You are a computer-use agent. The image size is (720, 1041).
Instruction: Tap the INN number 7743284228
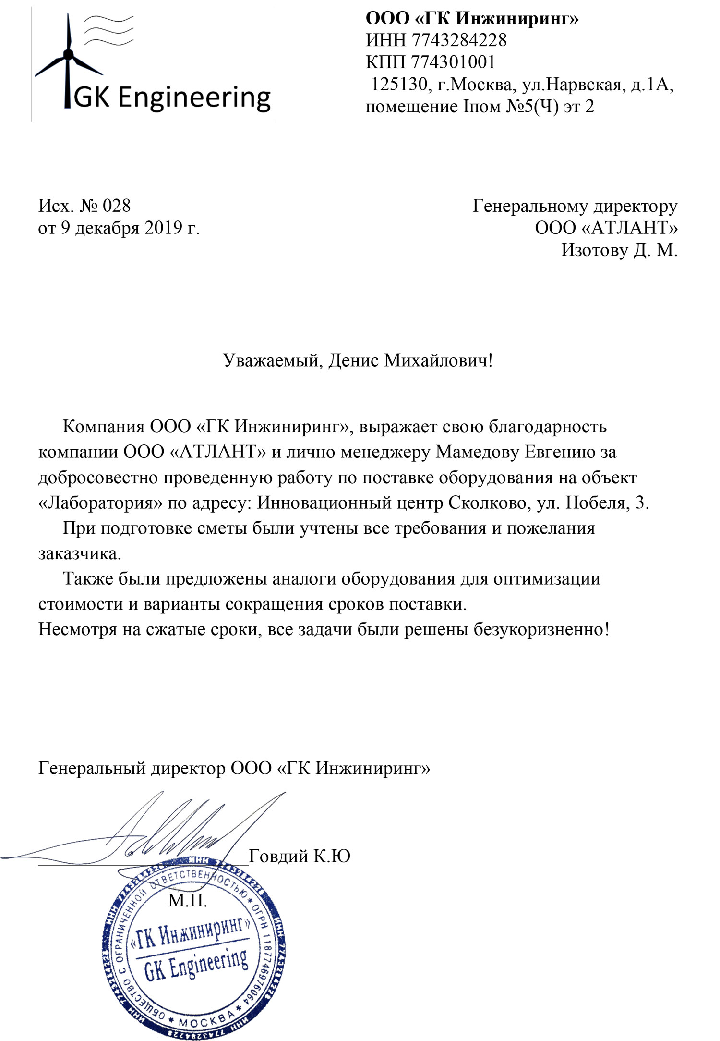tap(458, 40)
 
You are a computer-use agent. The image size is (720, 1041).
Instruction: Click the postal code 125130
tap(399, 85)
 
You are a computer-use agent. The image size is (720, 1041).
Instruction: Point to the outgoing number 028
tap(117, 206)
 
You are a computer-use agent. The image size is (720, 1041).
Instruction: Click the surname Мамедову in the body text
tap(477, 452)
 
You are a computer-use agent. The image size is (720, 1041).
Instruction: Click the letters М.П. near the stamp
tap(187, 900)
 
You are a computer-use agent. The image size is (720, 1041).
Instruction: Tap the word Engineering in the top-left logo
tap(194, 98)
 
